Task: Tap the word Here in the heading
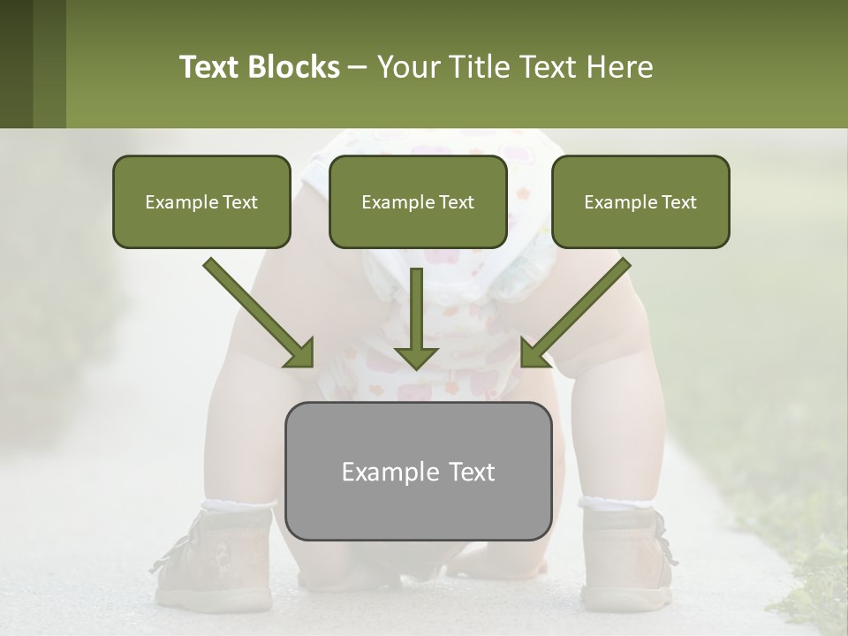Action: [622, 67]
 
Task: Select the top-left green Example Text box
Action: [201, 202]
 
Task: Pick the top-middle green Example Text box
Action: [418, 202]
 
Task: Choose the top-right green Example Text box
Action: [640, 202]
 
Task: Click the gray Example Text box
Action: [418, 471]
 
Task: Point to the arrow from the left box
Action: [261, 314]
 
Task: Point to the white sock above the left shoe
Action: [237, 506]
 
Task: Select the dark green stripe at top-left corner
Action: [16, 64]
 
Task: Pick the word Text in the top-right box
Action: [678, 202]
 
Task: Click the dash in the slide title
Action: [358, 67]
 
